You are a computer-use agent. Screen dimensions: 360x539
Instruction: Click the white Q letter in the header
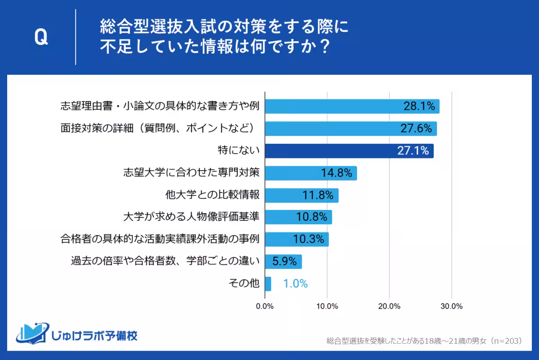[41, 38]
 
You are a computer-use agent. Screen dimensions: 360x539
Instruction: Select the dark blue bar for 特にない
[349, 151]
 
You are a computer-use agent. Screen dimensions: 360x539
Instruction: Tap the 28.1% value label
[419, 106]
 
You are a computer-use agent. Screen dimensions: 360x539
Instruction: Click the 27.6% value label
[416, 129]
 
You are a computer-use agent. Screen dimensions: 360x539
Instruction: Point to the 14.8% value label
[336, 173]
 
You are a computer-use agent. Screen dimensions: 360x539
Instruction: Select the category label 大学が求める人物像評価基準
[192, 217]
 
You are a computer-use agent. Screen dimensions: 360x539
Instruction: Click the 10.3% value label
[309, 239]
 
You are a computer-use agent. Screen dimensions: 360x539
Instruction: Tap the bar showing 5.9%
[283, 261]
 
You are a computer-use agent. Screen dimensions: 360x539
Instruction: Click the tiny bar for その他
[268, 284]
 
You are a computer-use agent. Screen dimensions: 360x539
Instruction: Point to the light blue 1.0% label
[295, 284]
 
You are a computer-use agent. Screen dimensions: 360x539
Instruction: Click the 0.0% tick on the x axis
[265, 307]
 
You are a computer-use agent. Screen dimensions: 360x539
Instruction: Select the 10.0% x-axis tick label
[327, 307]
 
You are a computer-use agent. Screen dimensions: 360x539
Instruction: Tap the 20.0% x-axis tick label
[389, 307]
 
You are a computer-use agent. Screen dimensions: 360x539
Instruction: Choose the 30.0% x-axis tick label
[451, 307]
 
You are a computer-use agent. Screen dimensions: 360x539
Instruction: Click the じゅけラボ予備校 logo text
[94, 335]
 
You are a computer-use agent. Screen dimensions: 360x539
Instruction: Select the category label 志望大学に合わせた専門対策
[192, 173]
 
